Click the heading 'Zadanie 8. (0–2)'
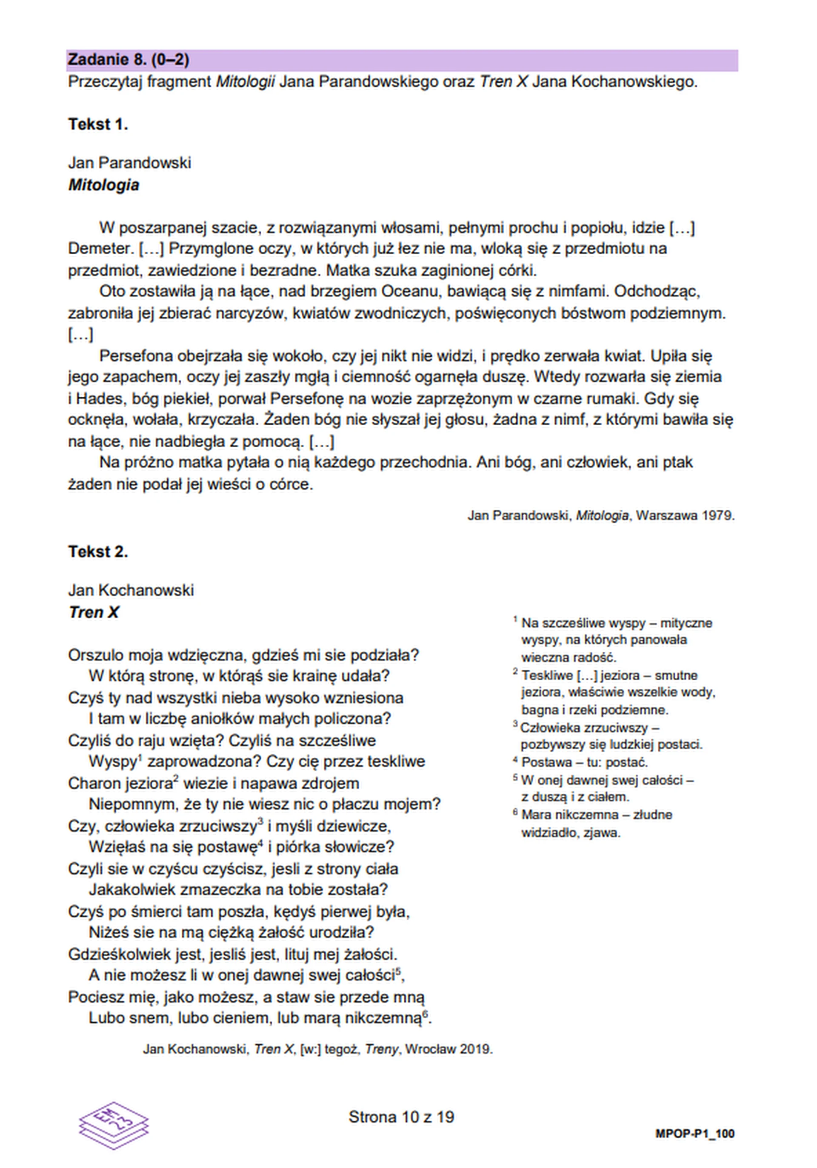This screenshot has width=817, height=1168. point(128,60)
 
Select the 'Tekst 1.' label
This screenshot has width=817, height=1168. point(98,124)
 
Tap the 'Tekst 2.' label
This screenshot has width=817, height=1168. point(98,551)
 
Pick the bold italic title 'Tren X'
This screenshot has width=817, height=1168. point(94,612)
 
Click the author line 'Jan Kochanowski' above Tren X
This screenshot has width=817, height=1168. point(131,590)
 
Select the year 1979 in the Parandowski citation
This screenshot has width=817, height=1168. point(718,515)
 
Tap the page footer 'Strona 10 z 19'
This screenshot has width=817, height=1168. point(401,1117)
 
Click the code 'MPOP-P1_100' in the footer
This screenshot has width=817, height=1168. point(694,1134)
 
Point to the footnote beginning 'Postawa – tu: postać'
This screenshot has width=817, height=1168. point(584,762)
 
